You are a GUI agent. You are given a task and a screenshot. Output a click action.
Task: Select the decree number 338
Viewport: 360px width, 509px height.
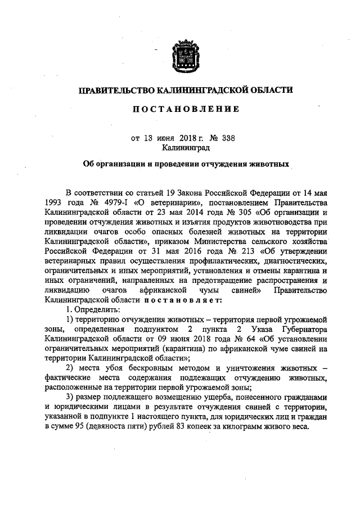pos(213,138)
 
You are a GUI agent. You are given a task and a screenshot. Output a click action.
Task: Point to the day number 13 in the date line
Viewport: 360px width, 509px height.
pos(148,138)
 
